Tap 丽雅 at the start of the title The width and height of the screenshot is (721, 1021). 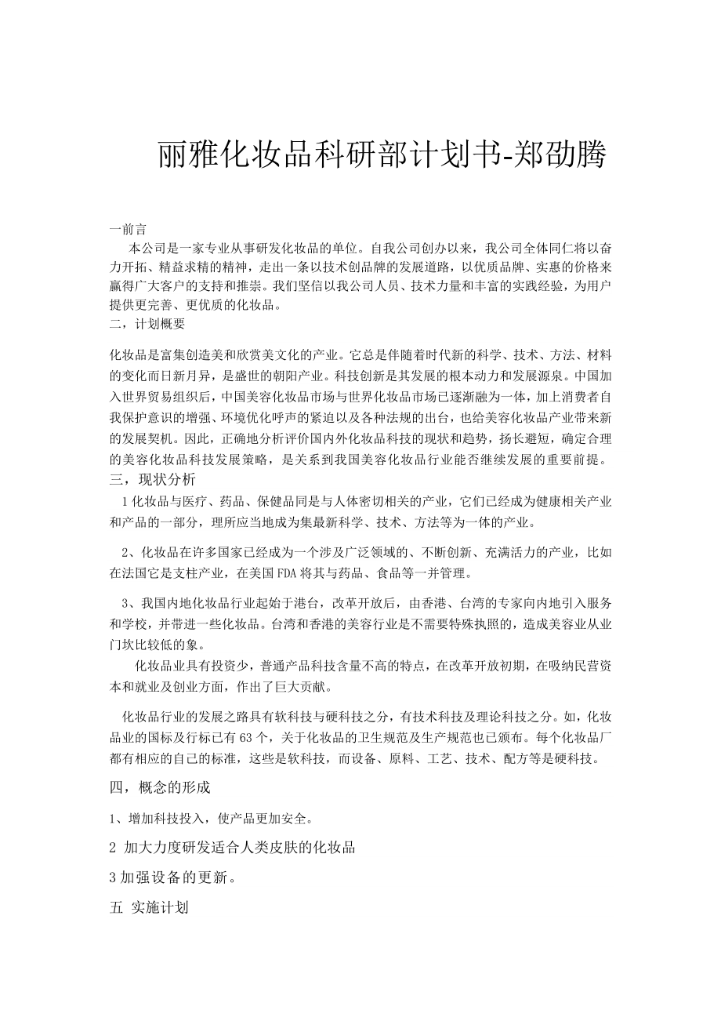[x=186, y=154]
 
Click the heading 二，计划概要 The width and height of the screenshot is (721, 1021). [x=148, y=323]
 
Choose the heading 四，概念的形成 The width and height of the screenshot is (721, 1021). [x=161, y=786]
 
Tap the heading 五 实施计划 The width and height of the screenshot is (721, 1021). [x=149, y=908]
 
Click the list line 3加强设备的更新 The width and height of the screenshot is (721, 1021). [x=172, y=876]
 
